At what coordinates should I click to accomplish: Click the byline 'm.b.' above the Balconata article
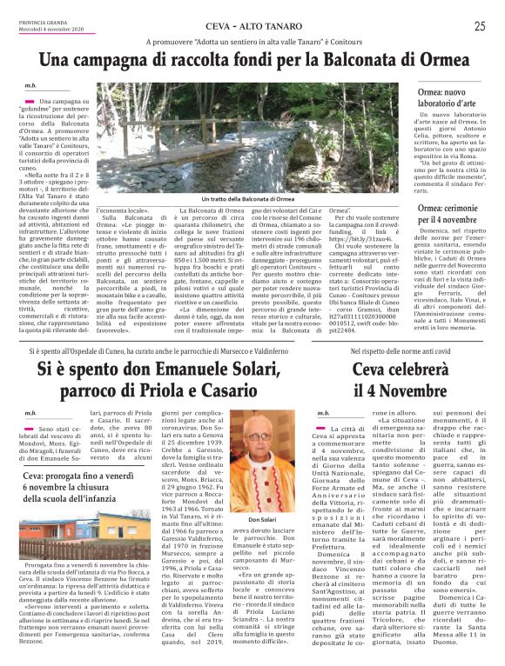[31, 85]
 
